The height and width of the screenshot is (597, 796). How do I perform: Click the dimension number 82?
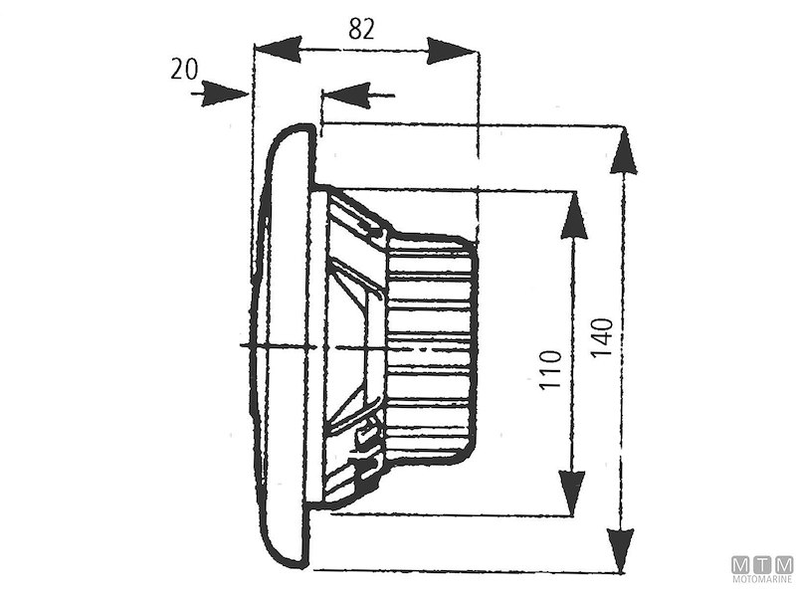point(362,30)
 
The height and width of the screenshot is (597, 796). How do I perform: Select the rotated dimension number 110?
point(553,368)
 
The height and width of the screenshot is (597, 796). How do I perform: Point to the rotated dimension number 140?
point(601,339)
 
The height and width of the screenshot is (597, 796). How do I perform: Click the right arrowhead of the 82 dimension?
point(454,48)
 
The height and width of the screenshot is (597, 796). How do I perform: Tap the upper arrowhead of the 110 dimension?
point(572,215)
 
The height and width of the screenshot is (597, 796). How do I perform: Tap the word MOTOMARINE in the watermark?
point(763,579)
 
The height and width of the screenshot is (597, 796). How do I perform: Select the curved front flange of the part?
point(284,348)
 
